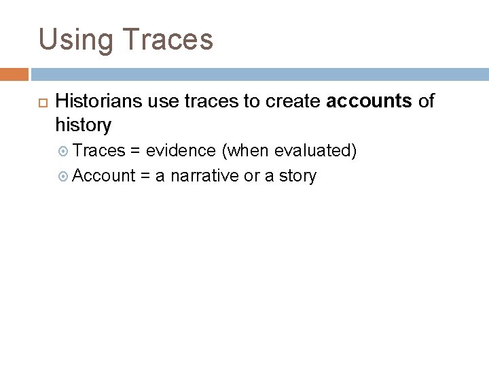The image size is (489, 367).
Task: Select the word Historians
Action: click(100, 102)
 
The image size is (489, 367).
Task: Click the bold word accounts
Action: click(369, 102)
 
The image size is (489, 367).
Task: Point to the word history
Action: click(84, 125)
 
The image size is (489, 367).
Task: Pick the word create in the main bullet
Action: click(293, 102)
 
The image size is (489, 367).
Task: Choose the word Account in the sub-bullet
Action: click(104, 176)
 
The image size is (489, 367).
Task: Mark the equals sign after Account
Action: click(145, 176)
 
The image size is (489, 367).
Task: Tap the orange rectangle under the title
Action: click(14, 74)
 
